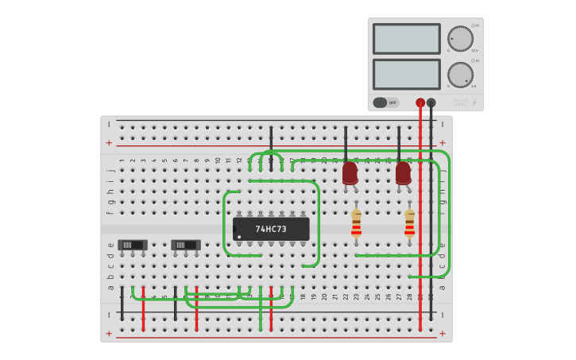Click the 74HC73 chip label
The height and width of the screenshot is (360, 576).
[271, 230]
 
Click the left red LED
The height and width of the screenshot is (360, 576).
[350, 173]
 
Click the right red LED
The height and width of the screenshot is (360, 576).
[404, 173]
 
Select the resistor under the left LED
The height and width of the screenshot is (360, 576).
[356, 224]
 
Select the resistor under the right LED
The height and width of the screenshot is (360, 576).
[409, 224]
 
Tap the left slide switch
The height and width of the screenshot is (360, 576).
[132, 245]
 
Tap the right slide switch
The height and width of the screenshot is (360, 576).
[185, 245]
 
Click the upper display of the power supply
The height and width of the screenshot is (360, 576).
[406, 39]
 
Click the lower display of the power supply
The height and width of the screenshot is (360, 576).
[406, 74]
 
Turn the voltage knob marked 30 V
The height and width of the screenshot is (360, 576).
[460, 39]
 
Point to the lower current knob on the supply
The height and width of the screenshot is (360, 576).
[460, 75]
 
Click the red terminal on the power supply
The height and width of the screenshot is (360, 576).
[420, 103]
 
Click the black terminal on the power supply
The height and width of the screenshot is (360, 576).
[431, 103]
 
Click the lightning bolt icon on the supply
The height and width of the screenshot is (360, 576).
[474, 103]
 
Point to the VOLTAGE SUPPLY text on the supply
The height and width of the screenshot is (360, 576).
[460, 102]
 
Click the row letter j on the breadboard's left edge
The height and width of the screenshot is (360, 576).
[110, 168]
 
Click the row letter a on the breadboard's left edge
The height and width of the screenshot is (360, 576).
[110, 287]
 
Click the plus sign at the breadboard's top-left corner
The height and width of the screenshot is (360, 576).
[109, 143]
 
